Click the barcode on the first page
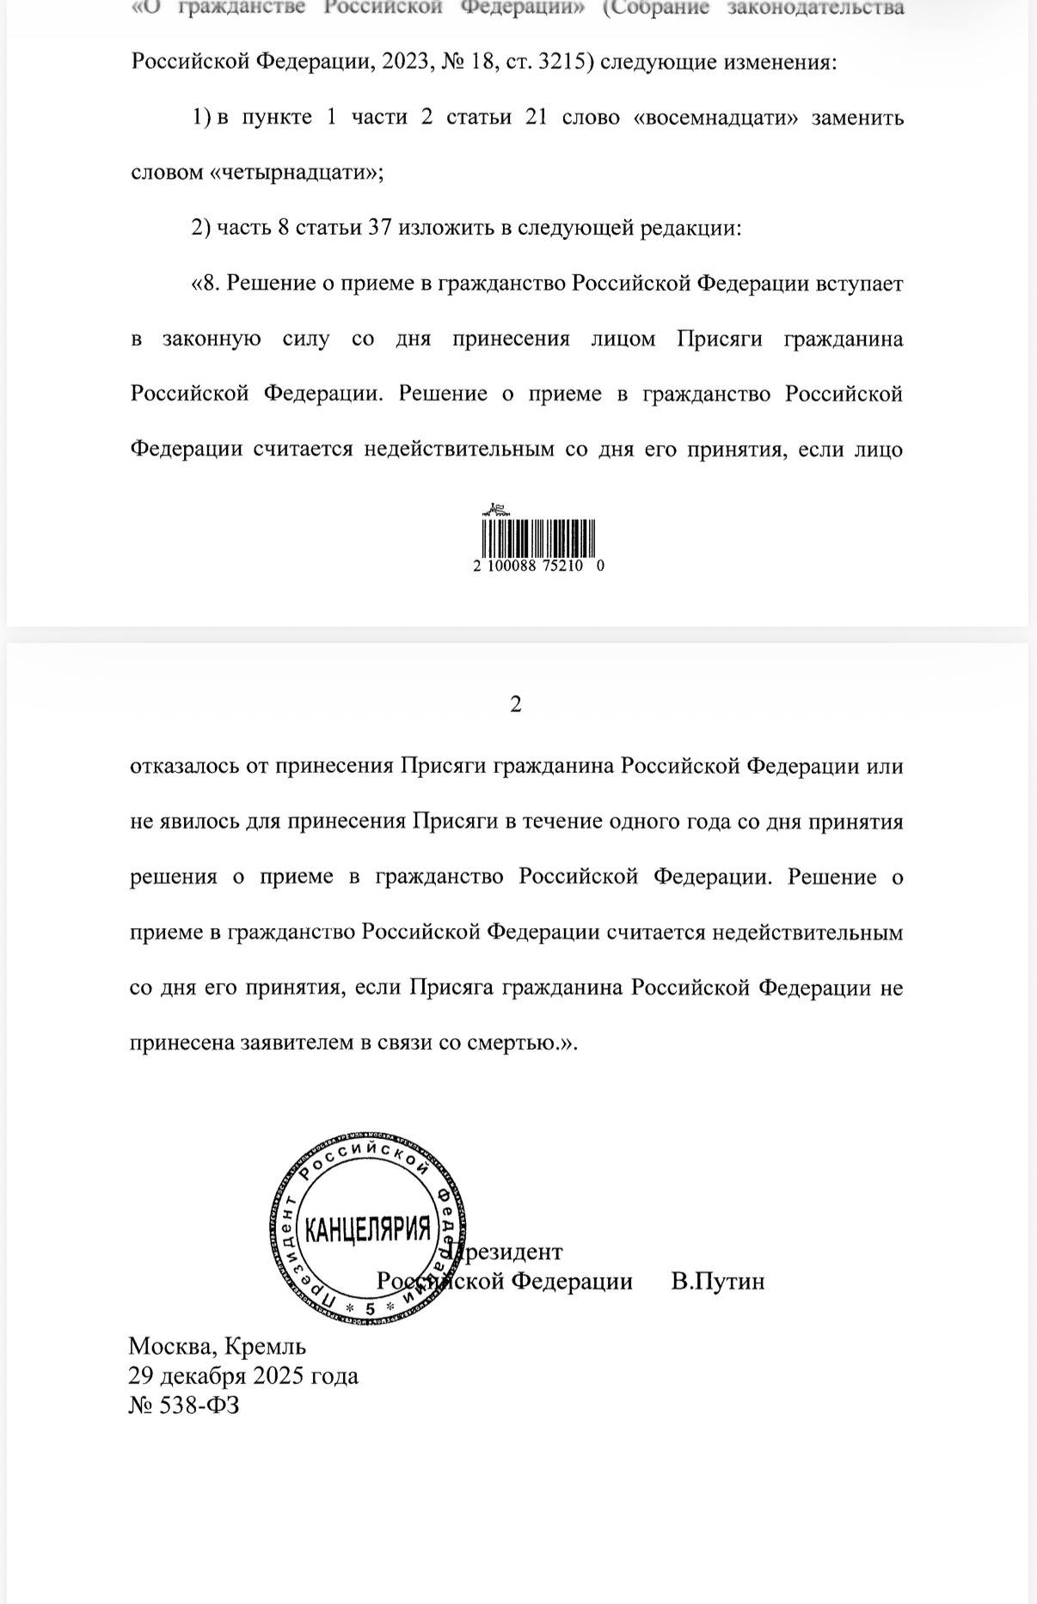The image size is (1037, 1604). (x=538, y=538)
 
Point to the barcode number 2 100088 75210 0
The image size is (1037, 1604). (x=538, y=566)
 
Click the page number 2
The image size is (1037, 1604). (x=516, y=704)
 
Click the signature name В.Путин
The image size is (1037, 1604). (x=718, y=1281)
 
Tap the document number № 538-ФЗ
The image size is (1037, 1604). (x=184, y=1405)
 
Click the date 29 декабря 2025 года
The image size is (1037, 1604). (x=243, y=1375)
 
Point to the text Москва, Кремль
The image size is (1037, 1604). (x=217, y=1345)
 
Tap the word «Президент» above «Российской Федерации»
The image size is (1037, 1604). (x=509, y=1252)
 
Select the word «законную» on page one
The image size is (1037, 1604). (x=212, y=339)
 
